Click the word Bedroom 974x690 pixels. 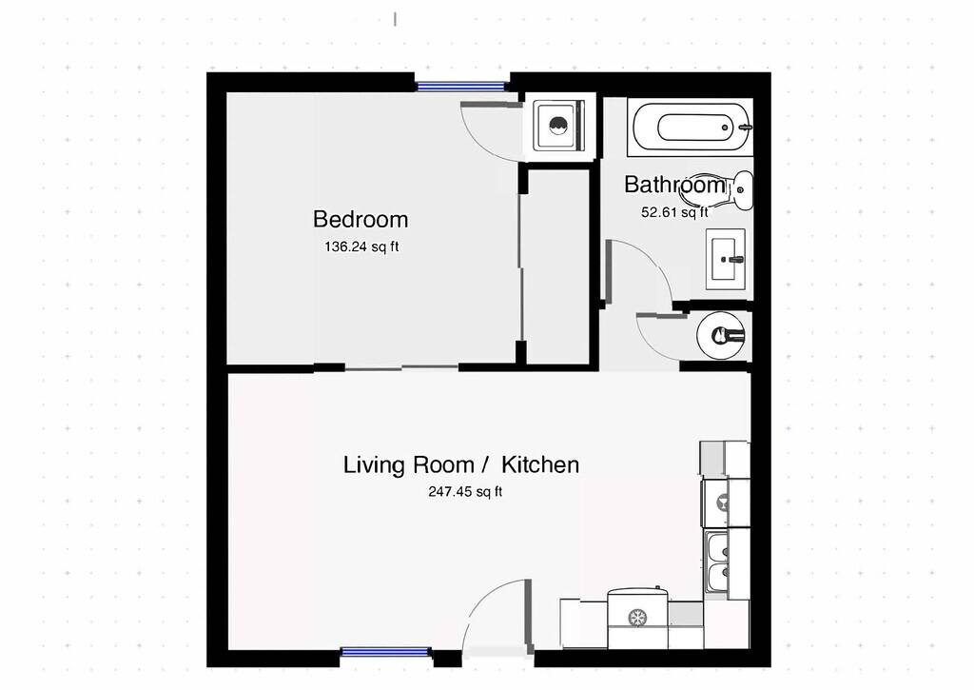[x=360, y=220]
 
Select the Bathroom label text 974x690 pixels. [x=674, y=185]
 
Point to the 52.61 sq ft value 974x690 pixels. [x=674, y=213]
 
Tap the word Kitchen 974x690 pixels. [x=540, y=465]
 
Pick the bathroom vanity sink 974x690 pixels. [x=730, y=258]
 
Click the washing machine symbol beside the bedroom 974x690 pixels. [x=558, y=126]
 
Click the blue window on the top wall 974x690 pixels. [x=461, y=87]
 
